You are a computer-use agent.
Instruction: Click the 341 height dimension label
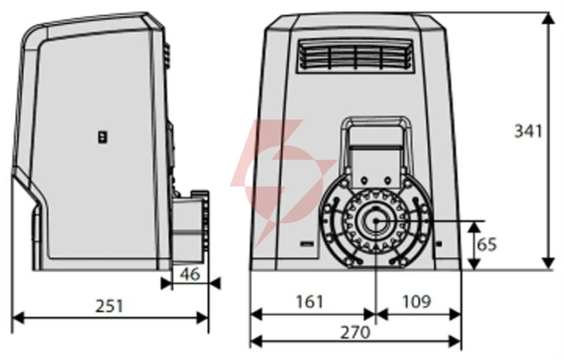[528, 131]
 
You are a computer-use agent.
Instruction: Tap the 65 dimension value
[487, 244]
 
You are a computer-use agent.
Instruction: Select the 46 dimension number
[190, 274]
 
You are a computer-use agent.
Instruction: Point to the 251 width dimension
[109, 306]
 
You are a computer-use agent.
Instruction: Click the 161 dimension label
[310, 301]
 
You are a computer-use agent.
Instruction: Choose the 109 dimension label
[417, 301]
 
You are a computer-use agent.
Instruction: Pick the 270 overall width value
[356, 332]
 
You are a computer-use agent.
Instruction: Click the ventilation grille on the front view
[356, 55]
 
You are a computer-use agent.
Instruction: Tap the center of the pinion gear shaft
[375, 221]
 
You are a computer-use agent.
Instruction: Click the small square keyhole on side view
[103, 137]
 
